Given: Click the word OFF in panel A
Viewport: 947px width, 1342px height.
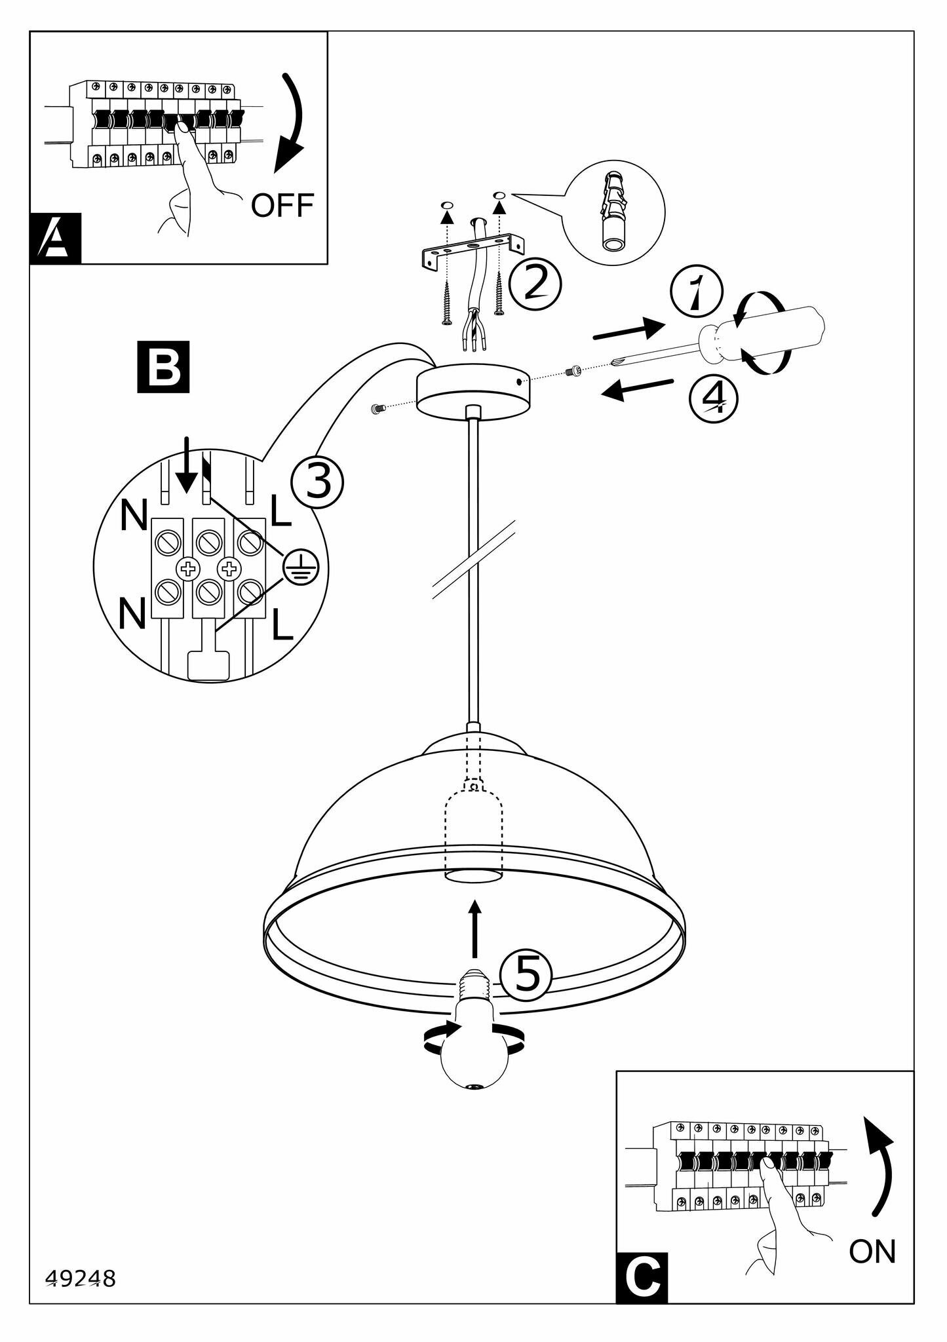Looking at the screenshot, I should [282, 205].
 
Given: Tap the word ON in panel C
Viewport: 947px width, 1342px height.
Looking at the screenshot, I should [872, 1252].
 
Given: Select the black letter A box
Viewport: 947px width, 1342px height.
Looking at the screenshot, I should [56, 238].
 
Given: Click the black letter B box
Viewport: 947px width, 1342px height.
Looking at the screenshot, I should [163, 367].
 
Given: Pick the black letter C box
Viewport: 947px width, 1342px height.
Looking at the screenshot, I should [642, 1277].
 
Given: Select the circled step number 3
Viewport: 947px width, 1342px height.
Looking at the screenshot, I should [317, 482].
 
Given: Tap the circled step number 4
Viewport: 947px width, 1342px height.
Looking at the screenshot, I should [714, 398].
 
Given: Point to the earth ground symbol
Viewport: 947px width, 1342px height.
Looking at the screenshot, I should [301, 566].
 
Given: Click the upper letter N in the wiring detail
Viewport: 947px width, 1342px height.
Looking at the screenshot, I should [134, 516].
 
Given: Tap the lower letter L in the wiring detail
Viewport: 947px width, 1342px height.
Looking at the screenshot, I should [282, 626].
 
